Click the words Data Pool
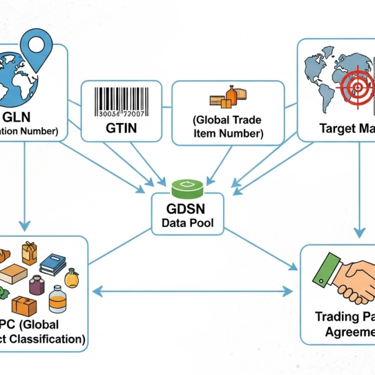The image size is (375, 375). coord(188,222)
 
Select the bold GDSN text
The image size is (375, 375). coord(187,209)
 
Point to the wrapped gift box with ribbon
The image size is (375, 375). coord(29,252)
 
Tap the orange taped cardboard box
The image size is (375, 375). coord(24,306)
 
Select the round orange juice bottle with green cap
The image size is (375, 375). coord(72,277)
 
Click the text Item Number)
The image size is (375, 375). coord(228,133)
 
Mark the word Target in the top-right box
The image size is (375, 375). coord(338,129)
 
